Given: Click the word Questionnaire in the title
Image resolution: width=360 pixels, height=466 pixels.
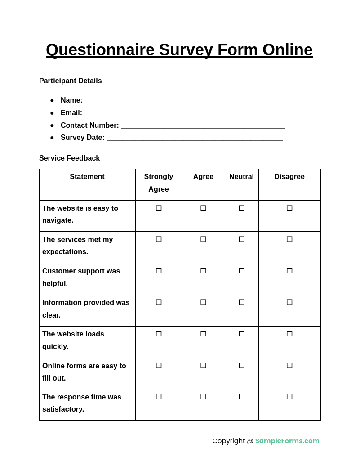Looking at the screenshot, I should pos(100,50).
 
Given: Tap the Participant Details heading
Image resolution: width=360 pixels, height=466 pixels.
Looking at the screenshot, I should pos(70,81).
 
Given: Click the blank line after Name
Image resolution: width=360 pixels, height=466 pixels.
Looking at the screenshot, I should pos(186,101).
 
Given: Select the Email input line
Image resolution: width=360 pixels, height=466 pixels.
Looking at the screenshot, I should pos(186,113).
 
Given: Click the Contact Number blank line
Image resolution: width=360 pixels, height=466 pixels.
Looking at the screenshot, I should pos(203,126).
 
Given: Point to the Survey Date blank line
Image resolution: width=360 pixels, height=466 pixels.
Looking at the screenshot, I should pos(194,138).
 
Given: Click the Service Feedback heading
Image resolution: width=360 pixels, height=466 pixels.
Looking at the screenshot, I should pos(69,158).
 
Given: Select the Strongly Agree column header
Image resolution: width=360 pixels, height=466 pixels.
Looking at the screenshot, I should pos(159,183).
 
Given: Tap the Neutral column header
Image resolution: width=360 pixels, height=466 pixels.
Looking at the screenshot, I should pos(241,177).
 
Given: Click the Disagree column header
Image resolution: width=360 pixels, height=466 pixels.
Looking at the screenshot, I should pos(289,177).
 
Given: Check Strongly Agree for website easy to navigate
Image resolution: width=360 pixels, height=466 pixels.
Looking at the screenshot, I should pos(159,208).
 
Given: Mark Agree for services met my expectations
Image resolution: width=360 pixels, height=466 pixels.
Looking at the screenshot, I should pos(203,239).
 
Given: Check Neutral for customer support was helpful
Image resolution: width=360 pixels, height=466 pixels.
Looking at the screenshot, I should pos(241,271).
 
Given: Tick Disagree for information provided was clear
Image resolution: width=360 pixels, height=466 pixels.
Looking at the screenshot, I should pos(289,302).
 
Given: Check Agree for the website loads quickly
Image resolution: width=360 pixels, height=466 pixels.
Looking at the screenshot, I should pos(203,334).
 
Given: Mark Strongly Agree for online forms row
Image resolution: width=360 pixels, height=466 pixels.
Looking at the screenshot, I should pos(159,366).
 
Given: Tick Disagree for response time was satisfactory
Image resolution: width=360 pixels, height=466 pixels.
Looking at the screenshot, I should pos(289,397).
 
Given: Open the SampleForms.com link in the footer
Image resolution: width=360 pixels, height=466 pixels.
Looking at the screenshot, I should pos(287,441).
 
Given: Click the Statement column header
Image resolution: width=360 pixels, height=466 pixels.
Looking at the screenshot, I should pos(87,177).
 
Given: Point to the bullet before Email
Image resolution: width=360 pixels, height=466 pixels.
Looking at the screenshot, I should pos(52,113).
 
